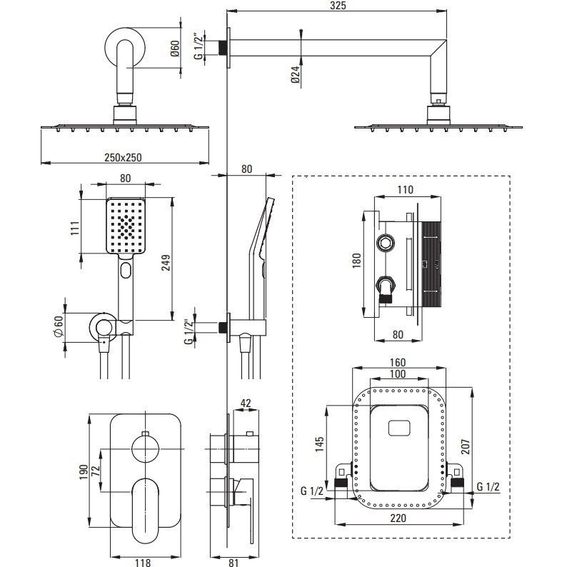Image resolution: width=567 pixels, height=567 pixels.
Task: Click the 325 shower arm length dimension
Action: point(338,6)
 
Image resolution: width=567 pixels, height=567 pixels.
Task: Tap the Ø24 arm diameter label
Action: point(296,74)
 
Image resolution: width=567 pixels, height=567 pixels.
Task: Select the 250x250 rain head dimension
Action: point(123,158)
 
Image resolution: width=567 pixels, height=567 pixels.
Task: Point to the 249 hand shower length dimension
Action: point(166,263)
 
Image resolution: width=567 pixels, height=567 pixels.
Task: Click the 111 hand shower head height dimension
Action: point(74,229)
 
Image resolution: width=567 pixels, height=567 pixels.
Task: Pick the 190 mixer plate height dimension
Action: point(84,472)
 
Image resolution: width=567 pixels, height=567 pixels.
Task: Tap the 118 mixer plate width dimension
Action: point(143,562)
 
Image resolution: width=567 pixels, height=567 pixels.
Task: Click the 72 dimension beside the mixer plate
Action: point(95,471)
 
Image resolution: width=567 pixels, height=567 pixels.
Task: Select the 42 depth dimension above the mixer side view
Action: point(246,403)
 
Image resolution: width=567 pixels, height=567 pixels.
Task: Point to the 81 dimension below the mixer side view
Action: point(234,562)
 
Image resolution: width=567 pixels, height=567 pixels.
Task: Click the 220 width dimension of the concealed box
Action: point(398,518)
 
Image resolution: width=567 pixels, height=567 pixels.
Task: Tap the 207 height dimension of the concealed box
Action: point(466,446)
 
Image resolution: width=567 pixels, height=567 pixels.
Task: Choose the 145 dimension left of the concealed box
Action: point(319,444)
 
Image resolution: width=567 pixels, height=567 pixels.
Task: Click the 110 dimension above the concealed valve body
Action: point(405,190)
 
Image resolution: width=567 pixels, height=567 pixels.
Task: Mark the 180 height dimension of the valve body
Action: point(356,261)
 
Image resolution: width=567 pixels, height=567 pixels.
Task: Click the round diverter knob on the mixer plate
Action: point(146,448)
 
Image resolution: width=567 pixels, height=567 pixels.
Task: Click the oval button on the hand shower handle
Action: point(126,270)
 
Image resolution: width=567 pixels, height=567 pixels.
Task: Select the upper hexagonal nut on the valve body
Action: point(386,243)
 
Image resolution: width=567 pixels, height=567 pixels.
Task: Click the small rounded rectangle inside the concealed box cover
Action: point(399,428)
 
